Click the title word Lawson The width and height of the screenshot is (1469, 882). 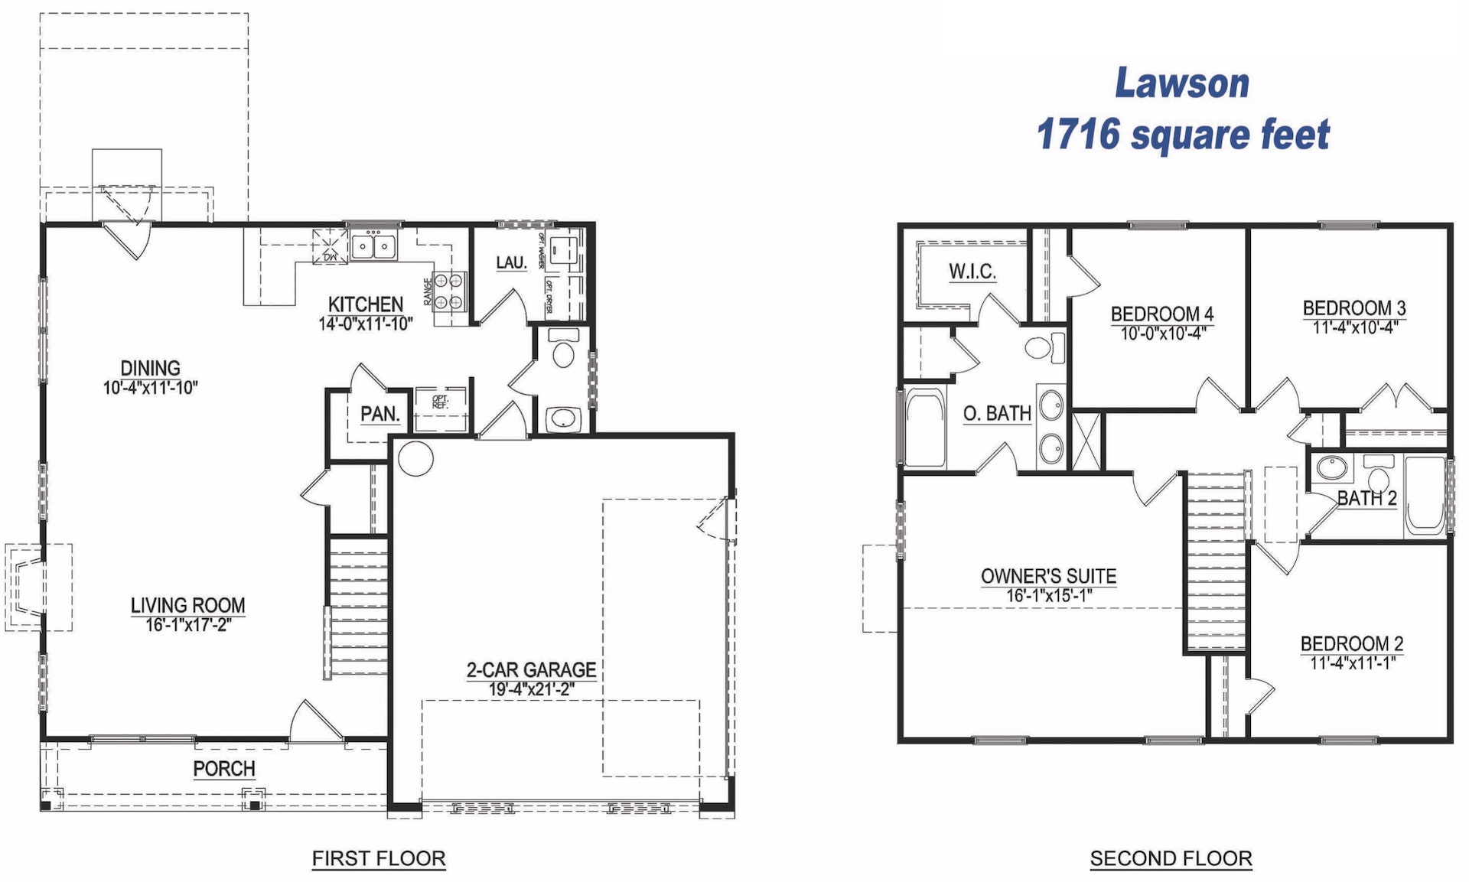pos(1181,83)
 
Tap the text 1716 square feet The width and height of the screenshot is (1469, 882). pos(1183,135)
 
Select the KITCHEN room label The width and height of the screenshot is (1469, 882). pos(365,304)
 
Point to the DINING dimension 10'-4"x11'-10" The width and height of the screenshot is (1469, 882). pos(150,388)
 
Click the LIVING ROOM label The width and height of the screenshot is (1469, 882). pos(187,605)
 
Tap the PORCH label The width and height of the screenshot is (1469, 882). pos(223,768)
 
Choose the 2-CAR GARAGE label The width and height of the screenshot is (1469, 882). pos(531,669)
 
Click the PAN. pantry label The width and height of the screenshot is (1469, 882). pos(379,414)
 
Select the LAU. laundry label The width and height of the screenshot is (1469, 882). pos(510,262)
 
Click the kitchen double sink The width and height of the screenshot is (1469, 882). pos(373,247)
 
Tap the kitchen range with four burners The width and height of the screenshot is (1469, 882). pos(449,291)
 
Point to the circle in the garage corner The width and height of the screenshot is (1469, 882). pos(415,458)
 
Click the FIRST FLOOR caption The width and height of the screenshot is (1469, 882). pos(378,858)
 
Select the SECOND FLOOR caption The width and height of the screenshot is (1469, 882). pos(1171,858)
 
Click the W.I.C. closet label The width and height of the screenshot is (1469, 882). pos(972,271)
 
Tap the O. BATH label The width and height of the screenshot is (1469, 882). pos(997,413)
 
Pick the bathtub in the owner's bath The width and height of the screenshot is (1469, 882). pos(924,428)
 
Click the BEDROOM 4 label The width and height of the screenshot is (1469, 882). pos(1161,314)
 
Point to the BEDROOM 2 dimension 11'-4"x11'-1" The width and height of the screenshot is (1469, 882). pos(1352,662)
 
